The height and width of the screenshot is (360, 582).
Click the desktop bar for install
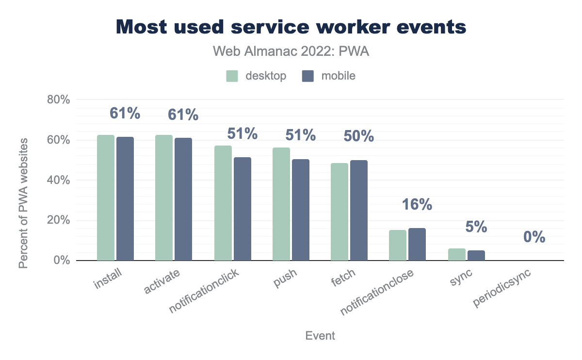click(x=106, y=198)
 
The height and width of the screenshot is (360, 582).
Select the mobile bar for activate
click(x=183, y=199)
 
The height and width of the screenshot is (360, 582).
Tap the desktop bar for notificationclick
click(x=223, y=203)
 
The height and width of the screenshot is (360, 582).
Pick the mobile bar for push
click(x=301, y=210)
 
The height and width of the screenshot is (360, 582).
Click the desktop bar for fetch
click(x=339, y=212)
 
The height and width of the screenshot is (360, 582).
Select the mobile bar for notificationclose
click(x=417, y=245)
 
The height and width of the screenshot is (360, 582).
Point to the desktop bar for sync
click(x=457, y=255)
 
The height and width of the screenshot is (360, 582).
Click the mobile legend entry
click(x=329, y=76)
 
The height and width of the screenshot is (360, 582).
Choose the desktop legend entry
click(x=256, y=76)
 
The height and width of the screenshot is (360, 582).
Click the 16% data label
click(x=417, y=205)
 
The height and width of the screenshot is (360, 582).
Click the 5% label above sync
click(x=476, y=227)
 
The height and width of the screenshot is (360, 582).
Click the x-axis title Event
click(x=320, y=336)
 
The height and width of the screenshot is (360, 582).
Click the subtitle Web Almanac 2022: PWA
click(x=291, y=52)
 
